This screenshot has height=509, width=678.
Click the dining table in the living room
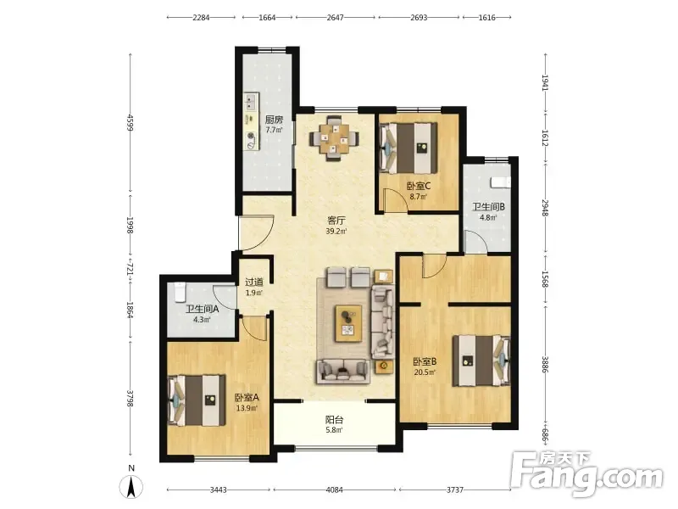[x=334, y=138]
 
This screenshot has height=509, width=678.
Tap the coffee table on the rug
[x=349, y=323]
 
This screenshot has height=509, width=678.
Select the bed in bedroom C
[x=408, y=148]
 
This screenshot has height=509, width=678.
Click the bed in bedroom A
[x=197, y=400]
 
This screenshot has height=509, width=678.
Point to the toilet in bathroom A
[x=180, y=292]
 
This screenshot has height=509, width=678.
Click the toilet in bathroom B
[x=501, y=182]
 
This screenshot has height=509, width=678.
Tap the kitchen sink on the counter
[x=250, y=102]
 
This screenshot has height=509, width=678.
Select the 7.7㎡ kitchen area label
[x=274, y=130]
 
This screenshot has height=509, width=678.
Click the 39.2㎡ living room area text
[x=336, y=231]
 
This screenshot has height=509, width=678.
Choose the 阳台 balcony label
[x=334, y=419]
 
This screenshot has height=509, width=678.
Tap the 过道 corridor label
[x=254, y=282]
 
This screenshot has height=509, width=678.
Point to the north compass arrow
[x=131, y=486]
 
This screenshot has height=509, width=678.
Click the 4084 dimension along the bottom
[x=334, y=490]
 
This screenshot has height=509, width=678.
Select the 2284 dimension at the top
[x=201, y=18]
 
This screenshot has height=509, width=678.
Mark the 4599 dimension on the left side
[x=131, y=122]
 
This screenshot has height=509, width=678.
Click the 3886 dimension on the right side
[x=545, y=365]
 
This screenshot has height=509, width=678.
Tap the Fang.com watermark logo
[x=586, y=474]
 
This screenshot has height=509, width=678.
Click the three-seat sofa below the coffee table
[x=343, y=371]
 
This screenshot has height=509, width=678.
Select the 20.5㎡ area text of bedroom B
[x=425, y=372]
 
